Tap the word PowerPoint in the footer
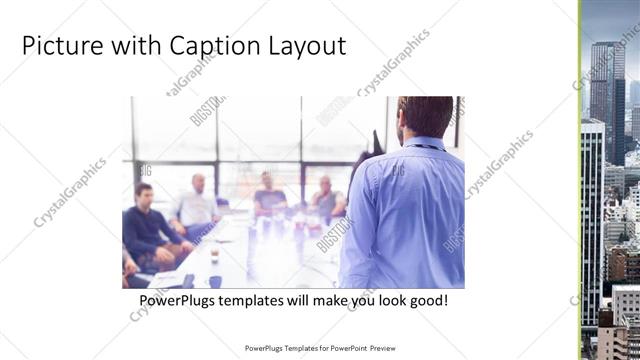pos(345,349)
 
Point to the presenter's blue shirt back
pos(405,210)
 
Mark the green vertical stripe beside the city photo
pos(579,180)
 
